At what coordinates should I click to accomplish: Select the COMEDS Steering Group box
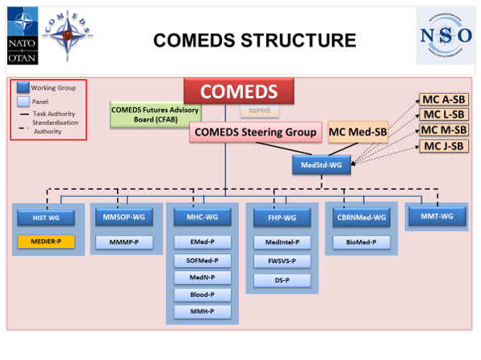click(255, 132)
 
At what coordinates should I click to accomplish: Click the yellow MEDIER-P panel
click(46, 241)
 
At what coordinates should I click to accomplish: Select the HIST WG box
click(46, 217)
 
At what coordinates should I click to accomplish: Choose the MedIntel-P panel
click(276, 242)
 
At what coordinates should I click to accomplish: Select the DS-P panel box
click(276, 279)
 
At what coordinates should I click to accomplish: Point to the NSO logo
click(445, 36)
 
